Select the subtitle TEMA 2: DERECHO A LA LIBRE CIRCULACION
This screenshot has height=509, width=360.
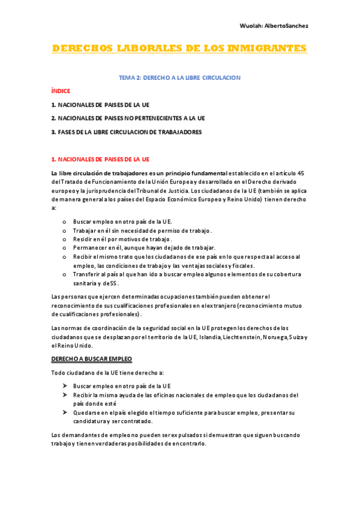[179, 78]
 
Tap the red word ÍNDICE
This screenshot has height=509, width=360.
[61, 91]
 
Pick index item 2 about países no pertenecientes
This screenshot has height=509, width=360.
[128, 118]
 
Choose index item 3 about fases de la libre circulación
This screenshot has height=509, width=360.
[126, 132]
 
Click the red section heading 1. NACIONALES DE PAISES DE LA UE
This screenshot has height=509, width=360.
[100, 159]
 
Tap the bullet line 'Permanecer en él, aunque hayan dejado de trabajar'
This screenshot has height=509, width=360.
[136, 248]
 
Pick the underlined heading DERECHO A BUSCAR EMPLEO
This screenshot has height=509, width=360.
[91, 358]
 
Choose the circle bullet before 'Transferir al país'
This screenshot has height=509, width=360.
[64, 274]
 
